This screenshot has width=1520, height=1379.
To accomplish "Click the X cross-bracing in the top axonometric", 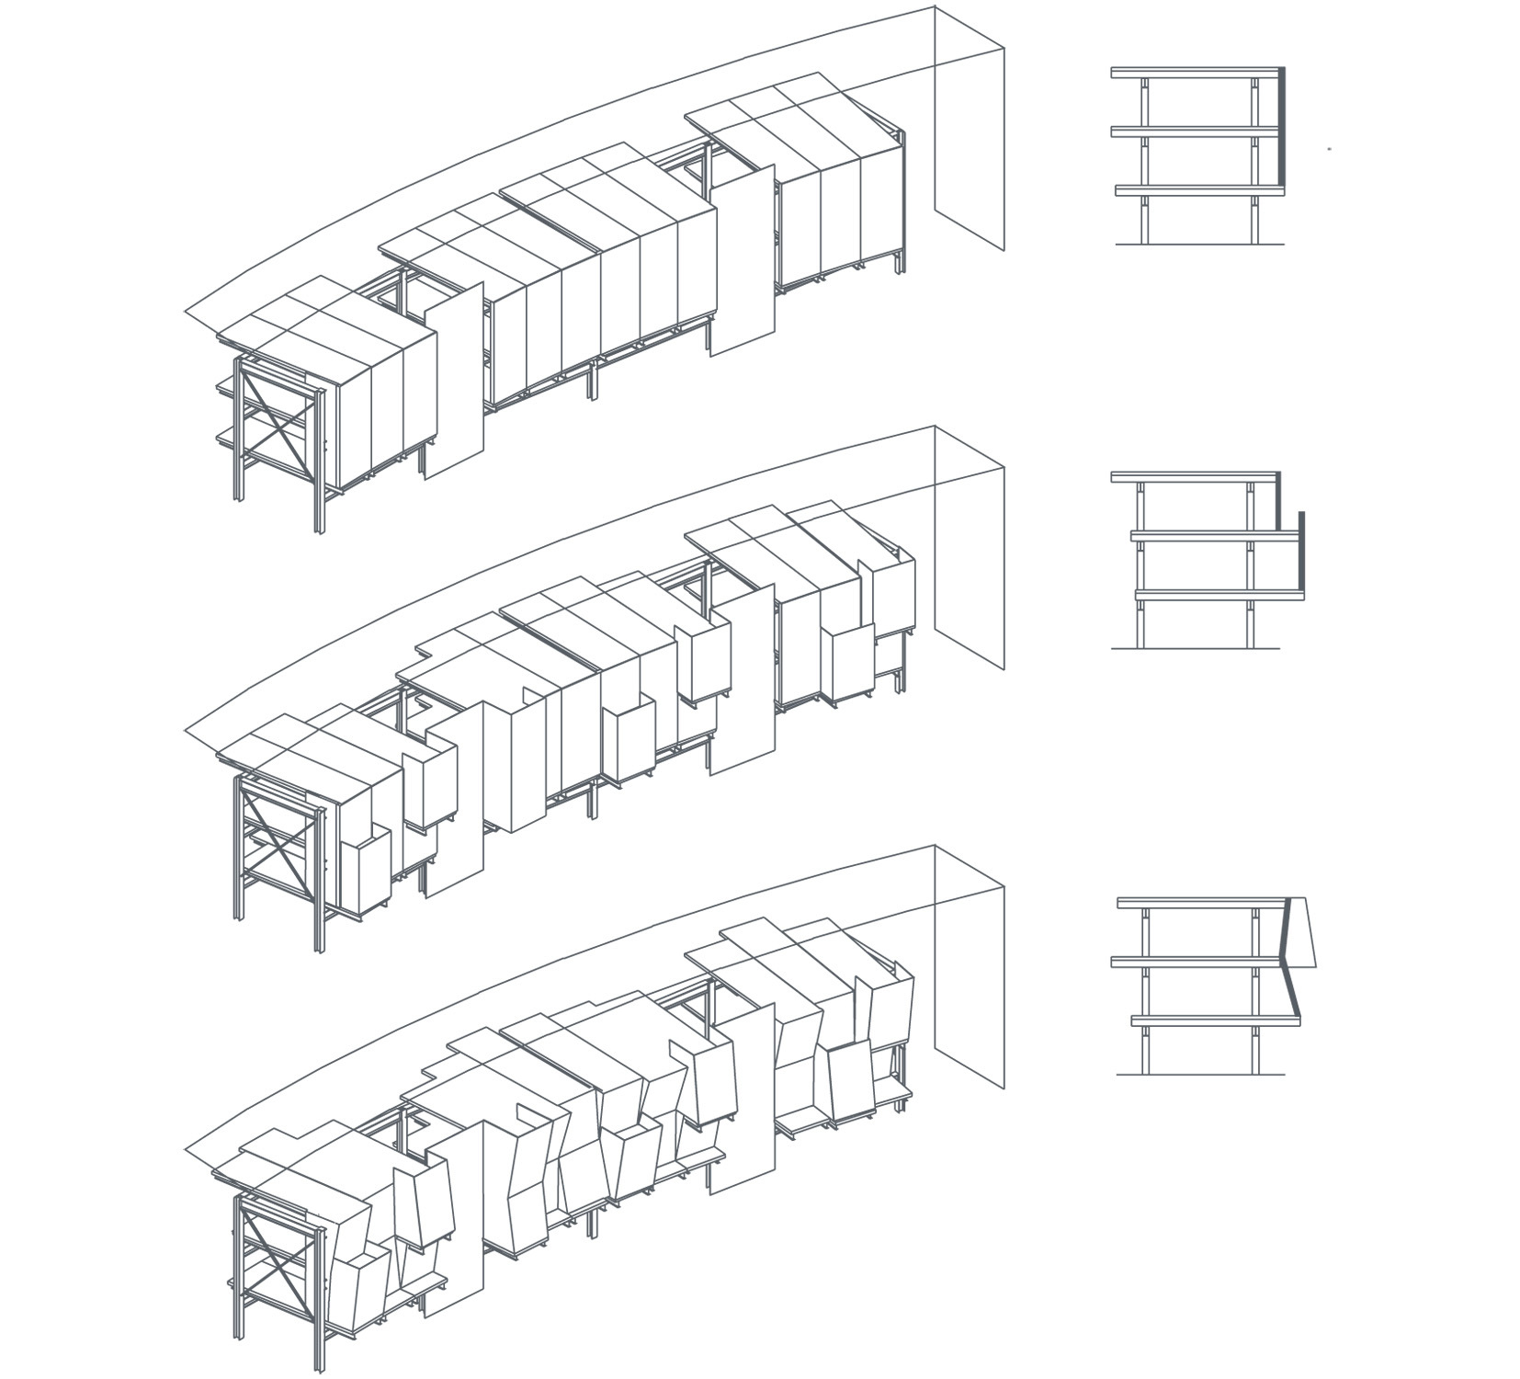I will pos(277,419).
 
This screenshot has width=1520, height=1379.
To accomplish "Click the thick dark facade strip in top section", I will pos(1280,129).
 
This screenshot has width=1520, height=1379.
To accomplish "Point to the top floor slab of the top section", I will pos(1195,71).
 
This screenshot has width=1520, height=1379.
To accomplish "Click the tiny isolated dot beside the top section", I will pos(1329,147).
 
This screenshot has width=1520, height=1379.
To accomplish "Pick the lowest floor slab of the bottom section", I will pos(1213,1020).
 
